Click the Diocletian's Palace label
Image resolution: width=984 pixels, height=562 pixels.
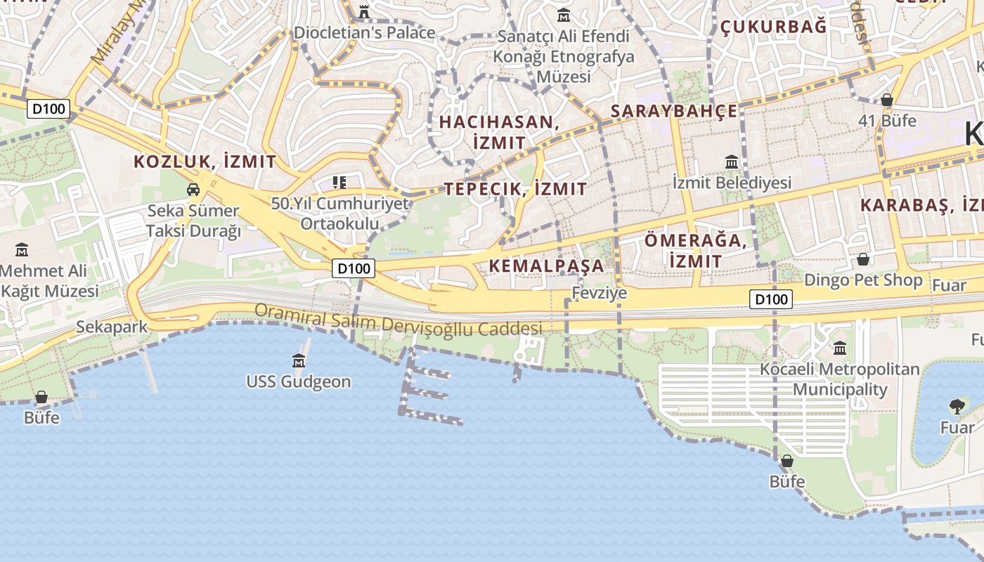tap(364, 32)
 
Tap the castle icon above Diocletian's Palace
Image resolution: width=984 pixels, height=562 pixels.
tap(364, 11)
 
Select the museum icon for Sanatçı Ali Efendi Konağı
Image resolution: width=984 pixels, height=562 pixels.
tap(564, 15)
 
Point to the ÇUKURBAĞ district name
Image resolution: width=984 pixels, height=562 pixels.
tap(773, 27)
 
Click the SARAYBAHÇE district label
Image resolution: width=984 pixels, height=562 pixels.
tap(674, 111)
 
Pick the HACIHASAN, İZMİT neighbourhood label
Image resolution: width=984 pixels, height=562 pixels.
tap(499, 132)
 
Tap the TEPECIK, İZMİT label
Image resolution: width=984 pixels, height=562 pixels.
tap(515, 188)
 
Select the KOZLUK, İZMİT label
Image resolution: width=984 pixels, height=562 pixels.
tap(205, 162)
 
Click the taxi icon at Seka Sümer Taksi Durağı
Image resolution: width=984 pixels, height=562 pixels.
tap(193, 189)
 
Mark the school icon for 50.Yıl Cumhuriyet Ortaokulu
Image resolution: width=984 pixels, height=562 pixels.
tap(339, 183)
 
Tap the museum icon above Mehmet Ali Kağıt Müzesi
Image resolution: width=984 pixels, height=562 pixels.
tap(22, 249)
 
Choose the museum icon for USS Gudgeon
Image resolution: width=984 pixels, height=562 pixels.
tap(299, 361)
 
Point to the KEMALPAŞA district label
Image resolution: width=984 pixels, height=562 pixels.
tap(546, 266)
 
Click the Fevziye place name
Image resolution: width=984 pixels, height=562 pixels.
tap(599, 293)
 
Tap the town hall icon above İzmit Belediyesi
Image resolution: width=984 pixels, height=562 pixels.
tap(732, 162)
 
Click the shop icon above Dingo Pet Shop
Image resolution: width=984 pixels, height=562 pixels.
tap(863, 259)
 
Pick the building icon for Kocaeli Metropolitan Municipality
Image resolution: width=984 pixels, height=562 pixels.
tap(840, 348)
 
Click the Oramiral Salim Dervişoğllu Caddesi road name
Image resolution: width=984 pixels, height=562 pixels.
tap(398, 320)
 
